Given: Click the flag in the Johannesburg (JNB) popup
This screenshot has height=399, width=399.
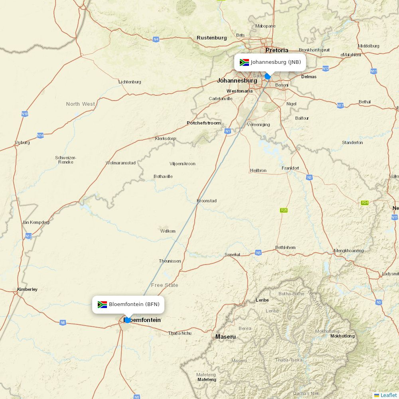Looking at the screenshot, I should point(244,62).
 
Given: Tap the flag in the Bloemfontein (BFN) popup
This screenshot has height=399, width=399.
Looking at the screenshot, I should point(102,304).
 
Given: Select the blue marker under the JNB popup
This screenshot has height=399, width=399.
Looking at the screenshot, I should point(268,76).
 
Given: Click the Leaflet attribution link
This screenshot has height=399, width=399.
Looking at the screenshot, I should point(388,395).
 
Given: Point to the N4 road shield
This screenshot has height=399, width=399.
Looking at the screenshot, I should point(156,39).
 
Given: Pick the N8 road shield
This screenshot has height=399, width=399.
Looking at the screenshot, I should point(63,322).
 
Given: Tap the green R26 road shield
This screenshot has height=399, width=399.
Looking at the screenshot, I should point(284,210).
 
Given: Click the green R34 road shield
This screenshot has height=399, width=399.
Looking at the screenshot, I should point(364,203).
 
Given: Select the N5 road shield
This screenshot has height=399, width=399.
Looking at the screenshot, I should point(259,253).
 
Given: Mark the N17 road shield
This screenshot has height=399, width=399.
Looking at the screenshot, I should point(340,106).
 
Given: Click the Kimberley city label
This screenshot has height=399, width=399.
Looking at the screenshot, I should point(27,289).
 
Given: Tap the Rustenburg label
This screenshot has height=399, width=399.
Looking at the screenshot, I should point(211,38).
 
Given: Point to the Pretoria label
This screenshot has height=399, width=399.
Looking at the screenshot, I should point(277,50).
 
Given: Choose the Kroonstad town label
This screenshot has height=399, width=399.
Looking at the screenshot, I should point(207,201).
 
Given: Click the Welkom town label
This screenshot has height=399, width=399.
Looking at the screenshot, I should point(168,231).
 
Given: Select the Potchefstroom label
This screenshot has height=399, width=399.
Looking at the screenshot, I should point(203,123).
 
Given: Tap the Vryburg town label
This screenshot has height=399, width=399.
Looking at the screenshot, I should point(22,142).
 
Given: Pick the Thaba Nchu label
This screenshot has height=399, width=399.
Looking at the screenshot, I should point(180,333).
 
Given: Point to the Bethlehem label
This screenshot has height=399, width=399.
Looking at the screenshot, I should point(285,247).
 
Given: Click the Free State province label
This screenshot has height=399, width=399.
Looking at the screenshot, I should point(164,285).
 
